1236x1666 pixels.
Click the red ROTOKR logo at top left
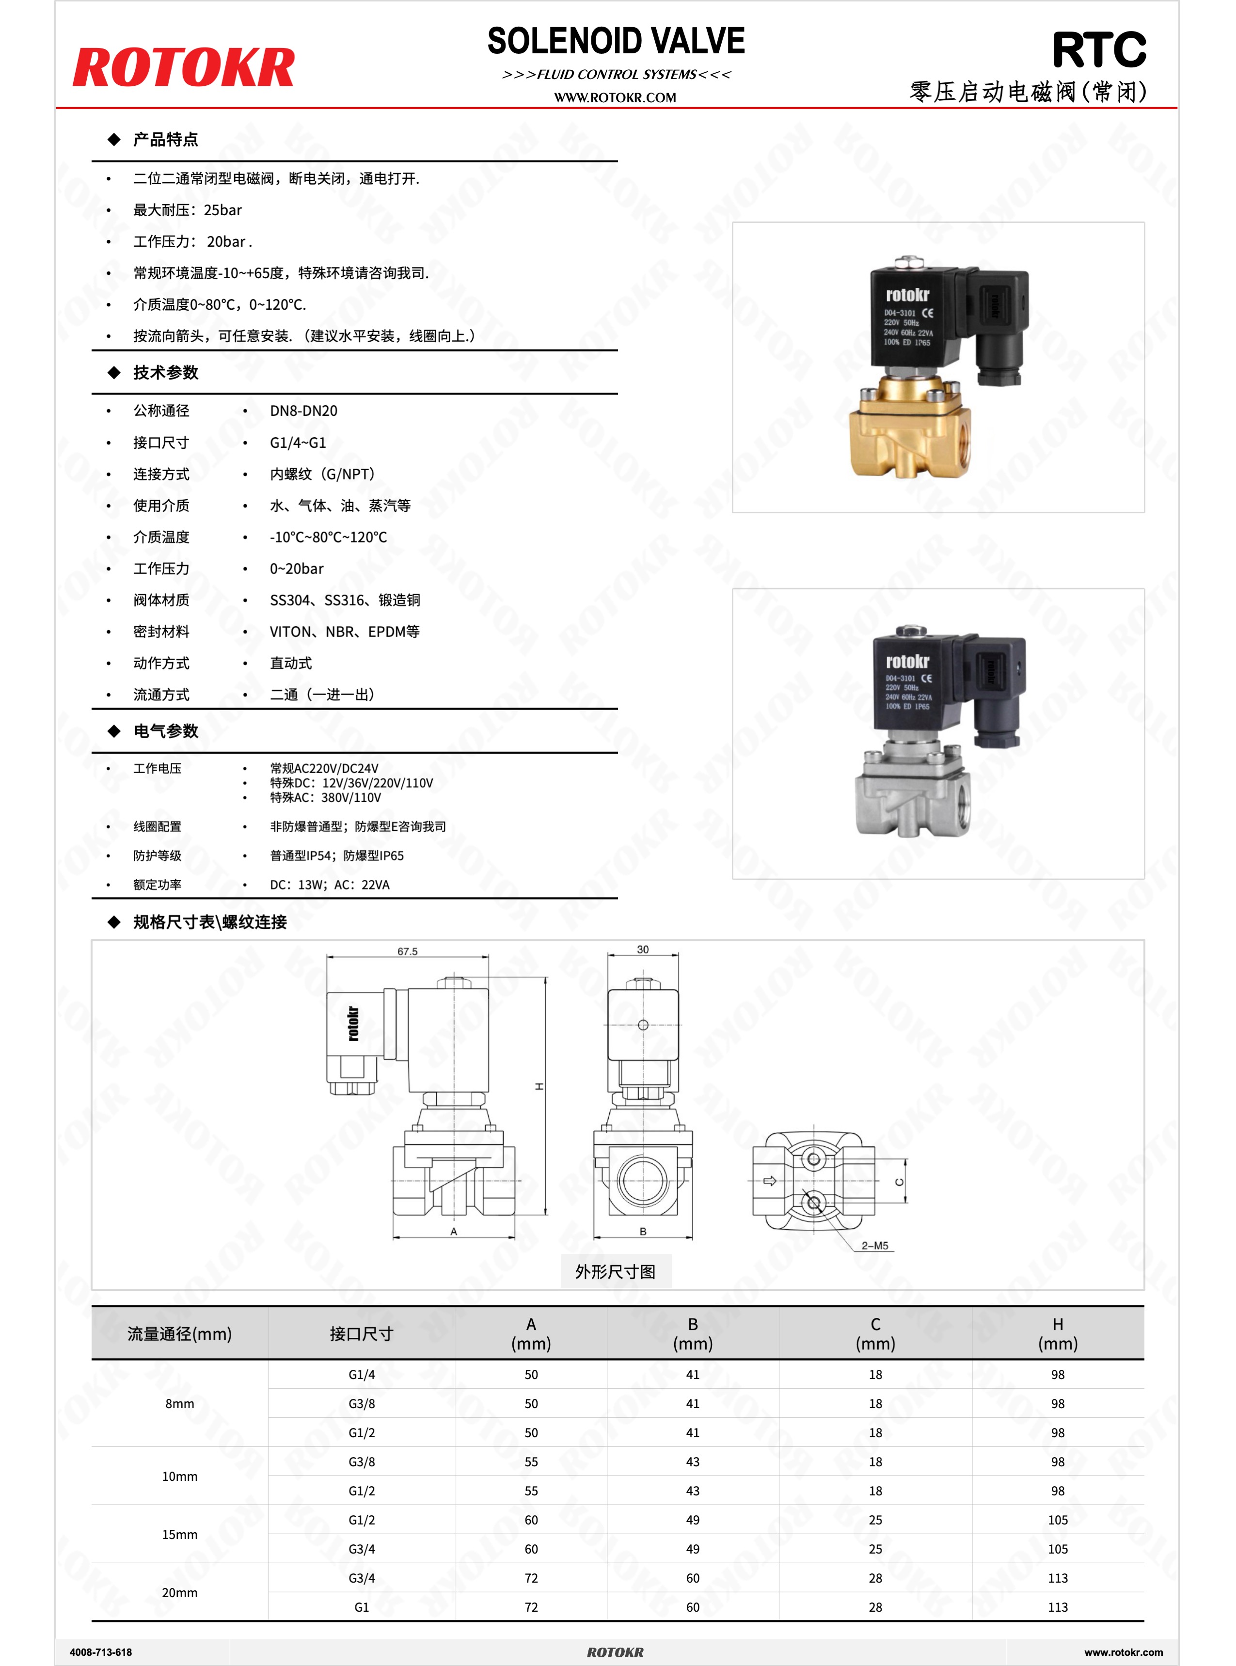click(183, 68)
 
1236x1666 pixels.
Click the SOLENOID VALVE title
click(616, 41)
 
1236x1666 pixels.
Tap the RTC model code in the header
click(1098, 50)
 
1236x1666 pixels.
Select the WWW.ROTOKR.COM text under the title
click(615, 97)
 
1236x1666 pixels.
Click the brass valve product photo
click(937, 368)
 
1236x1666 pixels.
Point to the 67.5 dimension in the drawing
click(407, 952)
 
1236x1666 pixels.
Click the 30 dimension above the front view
click(643, 949)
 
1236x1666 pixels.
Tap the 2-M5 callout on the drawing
click(874, 1246)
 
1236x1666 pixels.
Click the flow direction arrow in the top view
click(769, 1181)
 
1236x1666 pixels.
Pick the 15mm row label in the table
click(179, 1534)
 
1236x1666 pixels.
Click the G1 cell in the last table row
click(362, 1607)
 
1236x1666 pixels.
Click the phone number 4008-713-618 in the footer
click(100, 1652)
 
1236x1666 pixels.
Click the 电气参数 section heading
click(165, 731)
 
